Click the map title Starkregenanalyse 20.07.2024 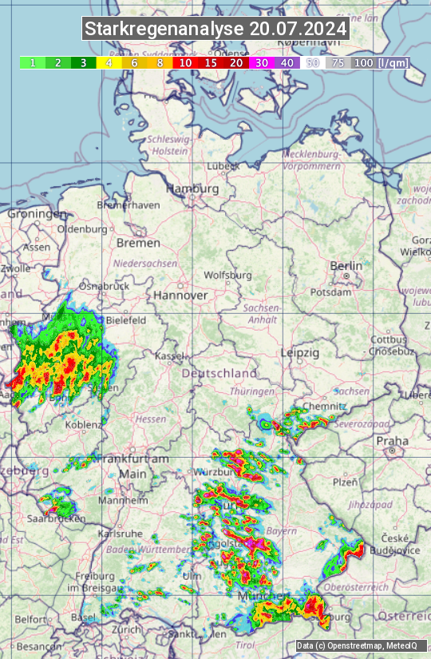215,30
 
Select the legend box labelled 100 363,62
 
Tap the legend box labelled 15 211,62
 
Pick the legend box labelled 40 287,62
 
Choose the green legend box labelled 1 32,62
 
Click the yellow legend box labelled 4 109,62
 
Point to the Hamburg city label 192,189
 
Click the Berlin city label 346,266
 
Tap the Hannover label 180,295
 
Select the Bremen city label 138,242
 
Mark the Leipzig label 300,352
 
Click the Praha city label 393,441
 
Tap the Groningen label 38,214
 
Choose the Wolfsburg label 227,275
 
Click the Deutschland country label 219,373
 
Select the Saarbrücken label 57,518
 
